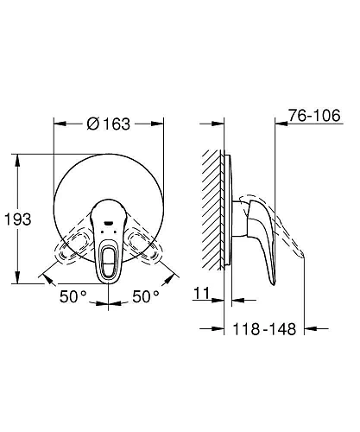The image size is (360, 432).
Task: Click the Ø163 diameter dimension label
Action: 109,124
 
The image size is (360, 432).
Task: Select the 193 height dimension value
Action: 17,220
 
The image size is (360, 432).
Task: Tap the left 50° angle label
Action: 73,296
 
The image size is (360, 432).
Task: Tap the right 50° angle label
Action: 145,296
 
